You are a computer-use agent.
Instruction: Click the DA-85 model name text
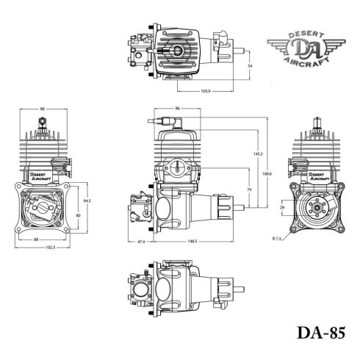coord(320,333)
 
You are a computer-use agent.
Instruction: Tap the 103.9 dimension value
coord(206,91)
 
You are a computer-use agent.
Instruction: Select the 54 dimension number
coord(250,66)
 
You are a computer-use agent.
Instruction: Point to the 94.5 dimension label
coord(87,200)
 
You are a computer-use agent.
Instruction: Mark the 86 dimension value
coord(179,108)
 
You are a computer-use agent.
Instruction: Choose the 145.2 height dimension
coord(257,154)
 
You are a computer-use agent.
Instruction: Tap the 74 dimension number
coord(250,189)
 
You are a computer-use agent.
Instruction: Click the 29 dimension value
coord(282,209)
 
